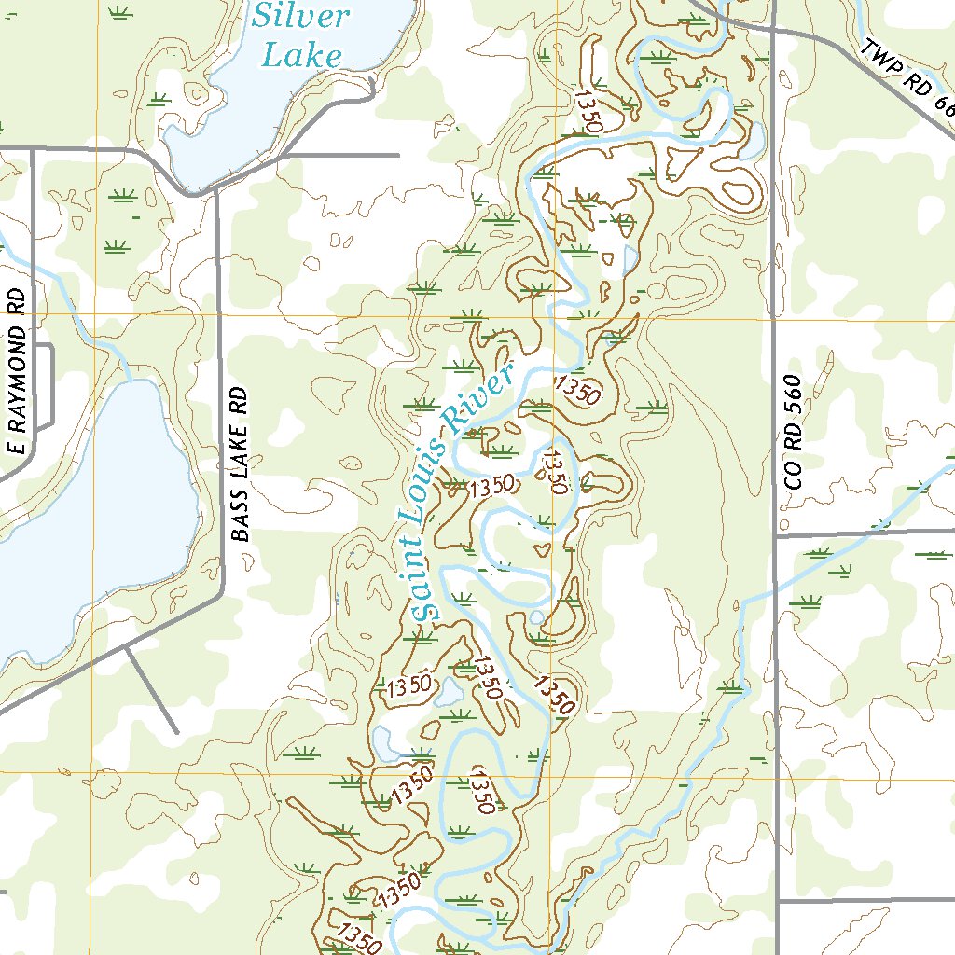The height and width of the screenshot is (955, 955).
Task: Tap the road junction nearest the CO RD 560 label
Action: (776, 536)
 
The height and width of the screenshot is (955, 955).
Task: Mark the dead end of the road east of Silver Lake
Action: (398, 154)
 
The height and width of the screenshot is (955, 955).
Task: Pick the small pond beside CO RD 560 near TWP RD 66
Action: (752, 149)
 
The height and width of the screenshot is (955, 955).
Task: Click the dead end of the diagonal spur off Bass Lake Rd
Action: (177, 732)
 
